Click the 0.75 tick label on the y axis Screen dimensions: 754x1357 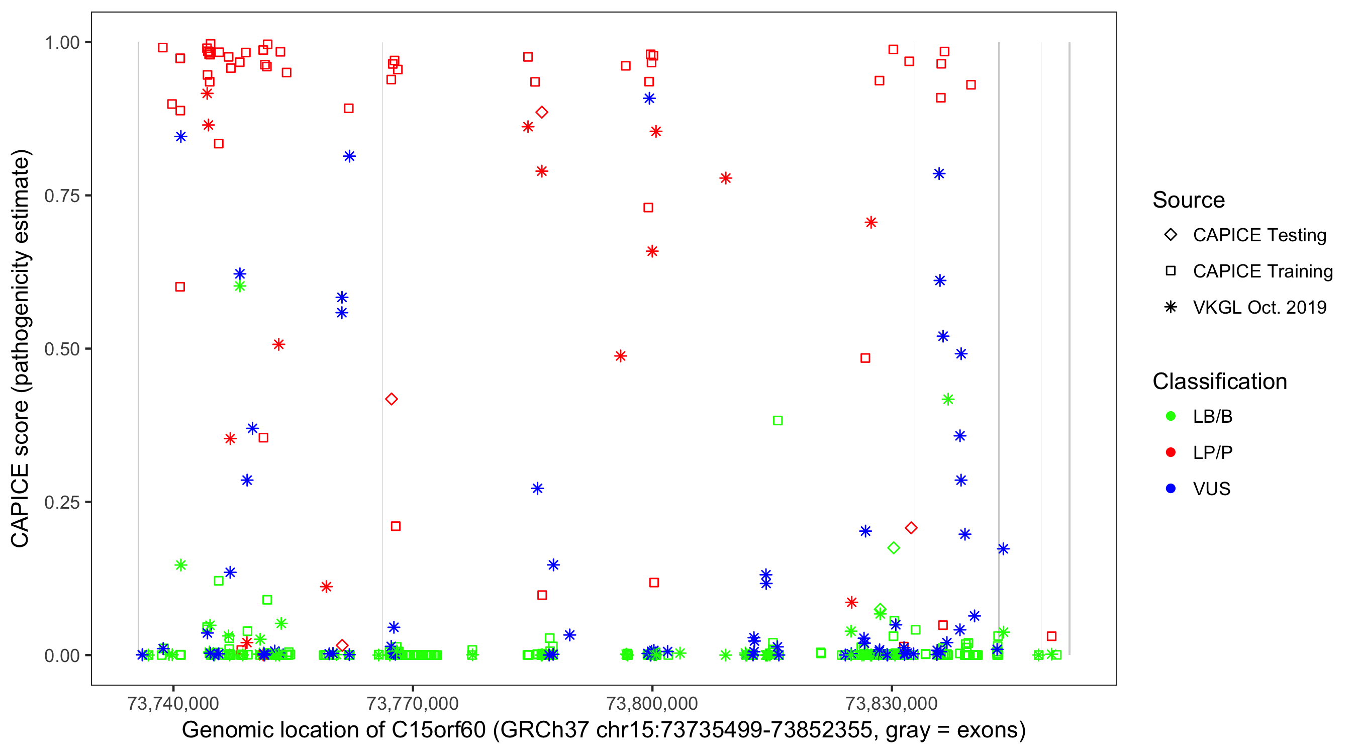pos(62,196)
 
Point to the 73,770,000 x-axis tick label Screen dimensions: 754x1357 pos(412,703)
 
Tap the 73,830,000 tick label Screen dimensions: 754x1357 pos(891,703)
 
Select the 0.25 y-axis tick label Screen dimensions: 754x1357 pos(62,502)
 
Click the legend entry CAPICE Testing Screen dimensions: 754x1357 pos(1259,235)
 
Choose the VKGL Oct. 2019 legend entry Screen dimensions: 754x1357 pos(1259,307)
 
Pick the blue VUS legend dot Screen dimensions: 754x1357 pos(1171,489)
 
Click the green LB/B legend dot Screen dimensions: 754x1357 pos(1171,416)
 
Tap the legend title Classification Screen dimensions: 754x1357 pos(1219,381)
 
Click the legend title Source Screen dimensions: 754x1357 pos(1189,200)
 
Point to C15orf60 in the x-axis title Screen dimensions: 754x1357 pos(438,730)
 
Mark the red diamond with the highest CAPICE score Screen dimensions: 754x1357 pos(541,112)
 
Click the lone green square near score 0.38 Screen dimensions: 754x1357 pos(778,420)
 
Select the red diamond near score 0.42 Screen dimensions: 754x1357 pos(392,399)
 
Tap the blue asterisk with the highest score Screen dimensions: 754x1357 pos(649,99)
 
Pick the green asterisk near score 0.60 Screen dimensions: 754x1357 pos(240,286)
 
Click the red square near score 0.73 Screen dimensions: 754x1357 pos(648,208)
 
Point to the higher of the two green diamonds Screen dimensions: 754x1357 pos(894,548)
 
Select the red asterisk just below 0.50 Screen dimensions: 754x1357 pos(621,356)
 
